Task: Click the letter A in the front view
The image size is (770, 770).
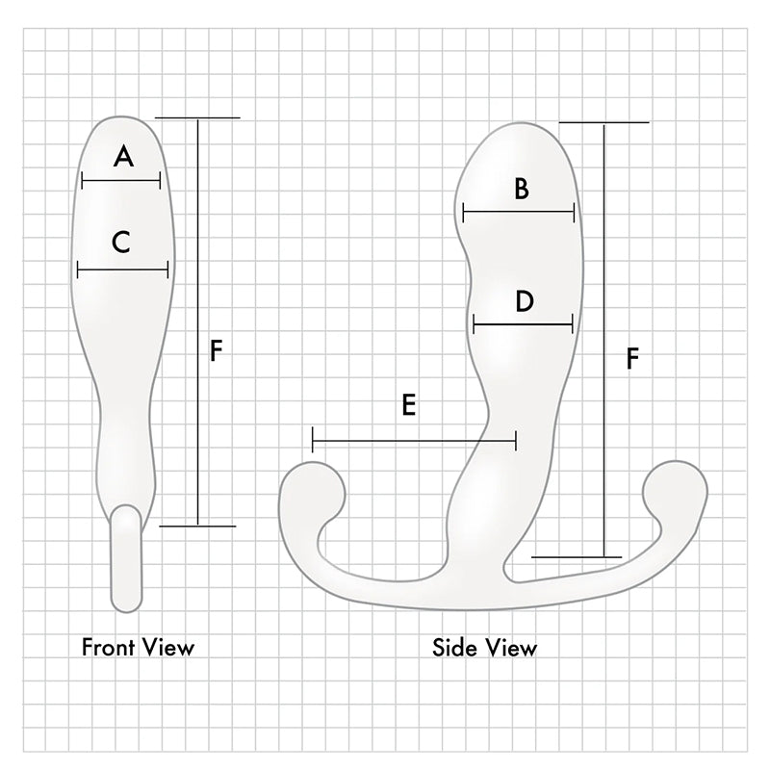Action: (x=123, y=156)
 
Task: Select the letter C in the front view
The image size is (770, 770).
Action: (x=120, y=243)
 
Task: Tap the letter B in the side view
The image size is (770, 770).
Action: (x=521, y=189)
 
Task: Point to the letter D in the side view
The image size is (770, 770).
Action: (x=524, y=302)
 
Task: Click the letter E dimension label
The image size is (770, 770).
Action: (x=408, y=406)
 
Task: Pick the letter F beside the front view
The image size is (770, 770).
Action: (x=217, y=350)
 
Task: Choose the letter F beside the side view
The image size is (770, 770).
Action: (x=632, y=358)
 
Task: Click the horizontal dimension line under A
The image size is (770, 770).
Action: (x=121, y=180)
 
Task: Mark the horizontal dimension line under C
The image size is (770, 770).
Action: (x=122, y=271)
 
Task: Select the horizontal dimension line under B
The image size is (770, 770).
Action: (x=519, y=212)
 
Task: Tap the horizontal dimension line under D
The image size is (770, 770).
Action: (x=524, y=324)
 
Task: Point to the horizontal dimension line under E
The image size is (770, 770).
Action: (x=415, y=442)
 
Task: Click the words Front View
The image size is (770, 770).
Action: (x=138, y=647)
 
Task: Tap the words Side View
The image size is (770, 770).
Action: (x=485, y=647)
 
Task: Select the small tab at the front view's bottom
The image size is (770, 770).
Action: (x=126, y=558)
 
